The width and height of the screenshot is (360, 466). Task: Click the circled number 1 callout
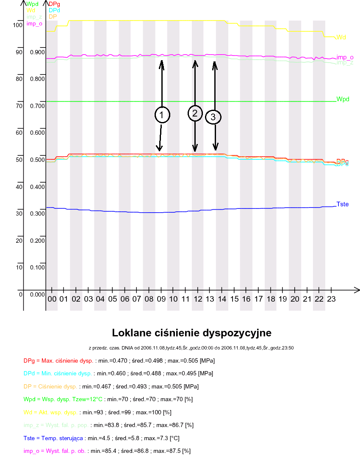tap(162, 115)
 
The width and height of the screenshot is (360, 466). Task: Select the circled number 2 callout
tap(195, 113)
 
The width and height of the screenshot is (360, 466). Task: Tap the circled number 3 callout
tap(213, 116)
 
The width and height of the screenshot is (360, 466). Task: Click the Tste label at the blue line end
tap(343, 204)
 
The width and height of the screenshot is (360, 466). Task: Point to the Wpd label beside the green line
tap(343, 99)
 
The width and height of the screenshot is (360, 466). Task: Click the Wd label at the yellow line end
tap(341, 38)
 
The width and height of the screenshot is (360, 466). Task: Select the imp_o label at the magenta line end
tap(345, 57)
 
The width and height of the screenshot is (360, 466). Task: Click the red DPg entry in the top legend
tap(54, 4)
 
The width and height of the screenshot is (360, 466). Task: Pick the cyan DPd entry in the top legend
tap(54, 10)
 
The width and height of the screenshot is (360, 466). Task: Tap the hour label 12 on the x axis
tap(198, 299)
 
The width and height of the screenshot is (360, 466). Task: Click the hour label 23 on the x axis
tap(332, 299)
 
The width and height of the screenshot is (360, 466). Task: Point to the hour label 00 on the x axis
tap(52, 299)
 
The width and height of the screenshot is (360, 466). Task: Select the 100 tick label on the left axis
tap(17, 25)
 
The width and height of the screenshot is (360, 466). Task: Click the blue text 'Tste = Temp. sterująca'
tap(53, 438)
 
